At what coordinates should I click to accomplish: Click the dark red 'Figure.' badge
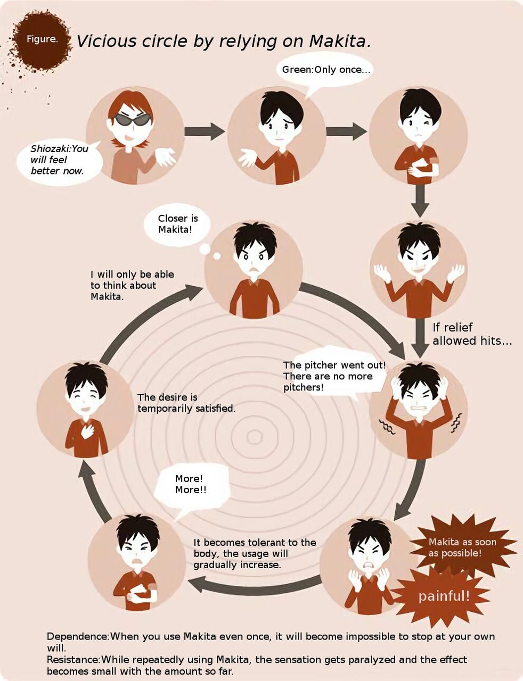pyautogui.click(x=42, y=40)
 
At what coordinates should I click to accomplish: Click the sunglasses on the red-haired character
pyautogui.click(x=130, y=120)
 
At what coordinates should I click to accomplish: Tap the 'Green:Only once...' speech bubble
pyautogui.click(x=325, y=70)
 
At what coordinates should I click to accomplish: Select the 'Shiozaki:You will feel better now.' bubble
pyautogui.click(x=59, y=160)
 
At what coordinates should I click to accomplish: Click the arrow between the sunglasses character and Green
pyautogui.click(x=205, y=131)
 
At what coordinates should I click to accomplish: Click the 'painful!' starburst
pyautogui.click(x=444, y=596)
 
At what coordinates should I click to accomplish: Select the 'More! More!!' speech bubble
pyautogui.click(x=191, y=485)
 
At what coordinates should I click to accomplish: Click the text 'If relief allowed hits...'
pyautogui.click(x=471, y=334)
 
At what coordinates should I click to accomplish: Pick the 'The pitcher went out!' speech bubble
pyautogui.click(x=334, y=377)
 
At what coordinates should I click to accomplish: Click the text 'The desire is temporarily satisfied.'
pyautogui.click(x=186, y=403)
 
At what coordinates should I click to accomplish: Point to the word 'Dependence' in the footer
pyautogui.click(x=77, y=636)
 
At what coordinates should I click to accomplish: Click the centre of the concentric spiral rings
pyautogui.click(x=255, y=437)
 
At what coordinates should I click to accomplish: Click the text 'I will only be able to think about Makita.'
pyautogui.click(x=132, y=285)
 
